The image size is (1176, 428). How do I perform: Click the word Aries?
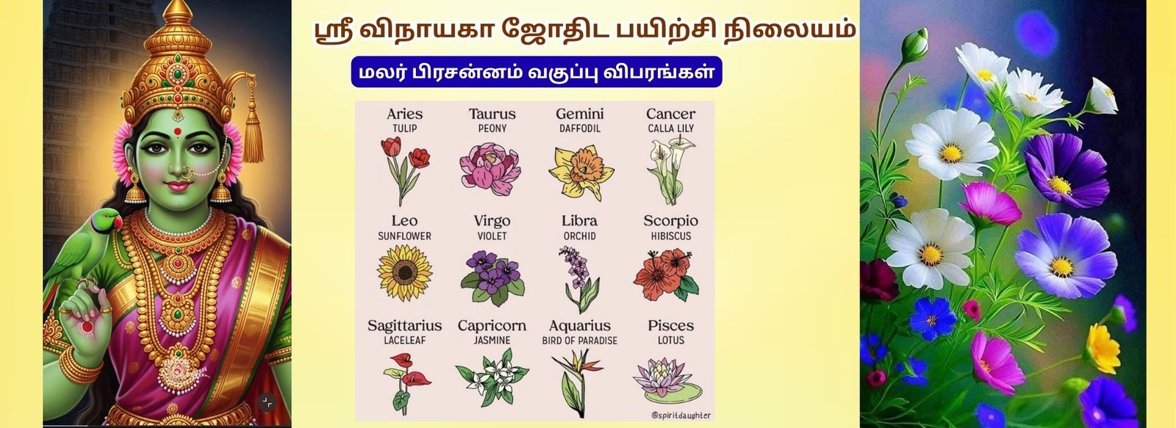pyautogui.click(x=404, y=114)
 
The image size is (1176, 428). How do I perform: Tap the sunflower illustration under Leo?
pyautogui.click(x=404, y=273)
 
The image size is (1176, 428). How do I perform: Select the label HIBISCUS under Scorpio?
pyautogui.click(x=671, y=236)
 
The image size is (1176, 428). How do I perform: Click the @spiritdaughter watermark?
pyautogui.click(x=681, y=415)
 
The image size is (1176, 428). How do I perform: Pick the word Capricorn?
pyautogui.click(x=492, y=326)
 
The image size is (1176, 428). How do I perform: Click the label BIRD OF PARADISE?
pyautogui.click(x=580, y=341)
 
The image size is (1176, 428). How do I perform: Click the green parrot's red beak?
pyautogui.click(x=118, y=222)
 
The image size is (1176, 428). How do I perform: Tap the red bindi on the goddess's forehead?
pyautogui.click(x=177, y=131)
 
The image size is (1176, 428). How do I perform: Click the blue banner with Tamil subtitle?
pyautogui.click(x=537, y=72)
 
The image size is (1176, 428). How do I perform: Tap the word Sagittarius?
pyautogui.click(x=404, y=326)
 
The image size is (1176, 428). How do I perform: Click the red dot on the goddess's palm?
pyautogui.click(x=87, y=327)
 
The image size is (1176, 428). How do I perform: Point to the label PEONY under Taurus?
pyautogui.click(x=492, y=128)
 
